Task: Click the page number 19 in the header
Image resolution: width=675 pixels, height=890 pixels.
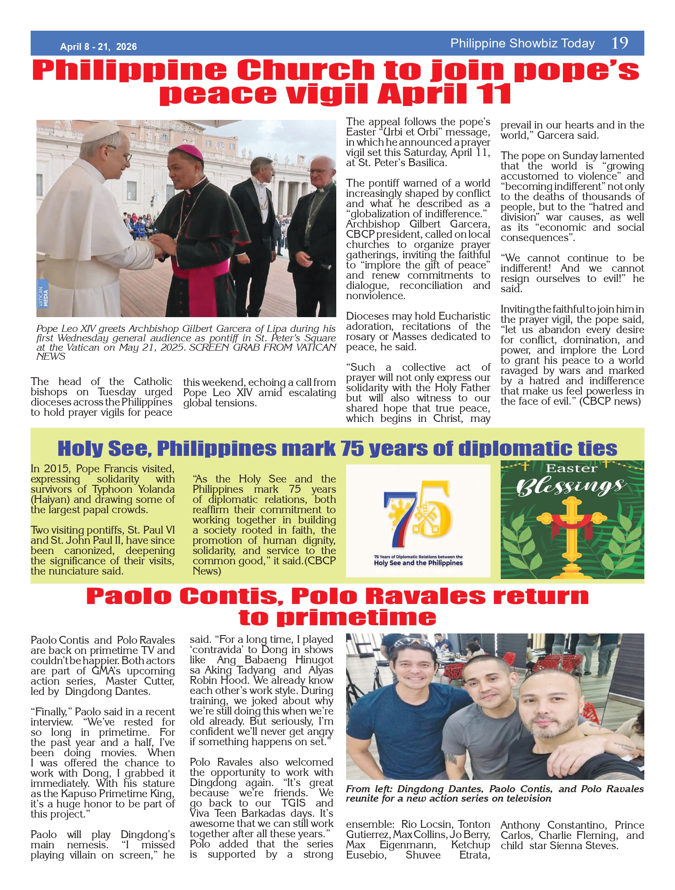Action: [x=619, y=43]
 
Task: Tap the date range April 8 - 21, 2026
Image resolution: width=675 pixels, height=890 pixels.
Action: [x=98, y=47]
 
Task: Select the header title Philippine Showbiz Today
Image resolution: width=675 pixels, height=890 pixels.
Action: [x=522, y=43]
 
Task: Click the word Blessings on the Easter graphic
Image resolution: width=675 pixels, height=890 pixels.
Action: [x=571, y=487]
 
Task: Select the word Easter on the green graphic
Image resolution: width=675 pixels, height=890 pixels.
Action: [x=571, y=469]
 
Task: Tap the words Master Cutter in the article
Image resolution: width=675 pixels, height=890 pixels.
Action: [x=140, y=681]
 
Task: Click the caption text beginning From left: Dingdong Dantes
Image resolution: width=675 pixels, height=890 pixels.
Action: [x=494, y=793]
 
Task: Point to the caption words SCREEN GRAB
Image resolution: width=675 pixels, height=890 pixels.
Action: [x=223, y=347]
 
